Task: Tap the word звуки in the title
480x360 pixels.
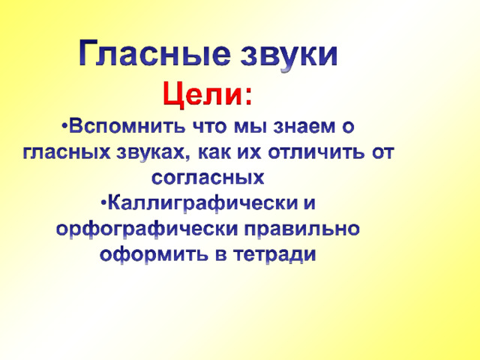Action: (x=289, y=55)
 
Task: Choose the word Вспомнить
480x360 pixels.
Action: (x=127, y=126)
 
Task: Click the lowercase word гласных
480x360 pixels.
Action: (x=67, y=152)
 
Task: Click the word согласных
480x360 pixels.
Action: (x=208, y=178)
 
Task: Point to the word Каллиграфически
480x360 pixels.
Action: (x=202, y=203)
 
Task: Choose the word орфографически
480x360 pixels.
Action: (x=147, y=229)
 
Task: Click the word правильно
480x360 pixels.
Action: (x=301, y=229)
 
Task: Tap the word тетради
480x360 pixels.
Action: (x=274, y=255)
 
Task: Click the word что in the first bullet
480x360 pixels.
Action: (x=210, y=127)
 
